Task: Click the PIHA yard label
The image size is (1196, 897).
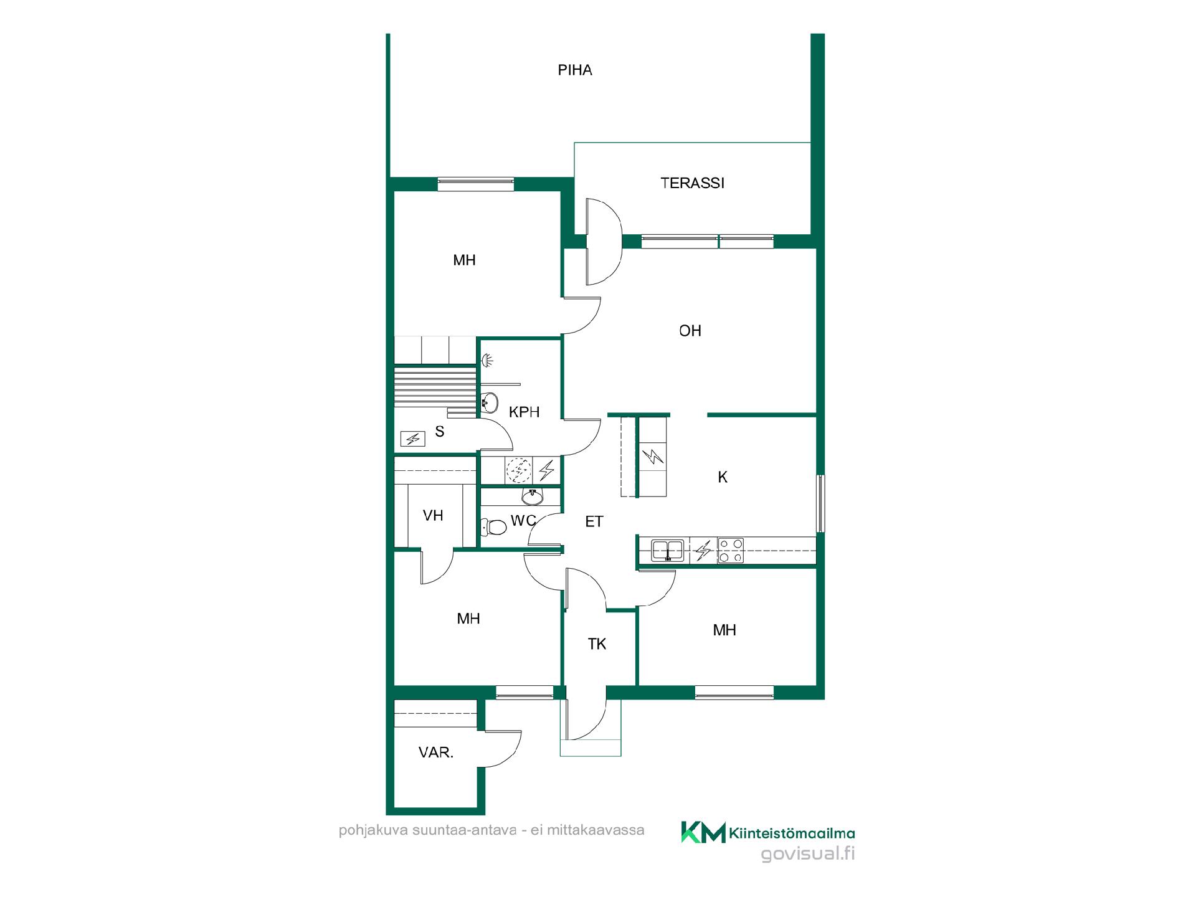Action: pyautogui.click(x=574, y=70)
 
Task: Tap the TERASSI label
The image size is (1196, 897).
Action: pyautogui.click(x=692, y=183)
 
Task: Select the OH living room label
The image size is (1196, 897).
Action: pyautogui.click(x=690, y=331)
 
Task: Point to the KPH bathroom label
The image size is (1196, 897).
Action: pyautogui.click(x=524, y=412)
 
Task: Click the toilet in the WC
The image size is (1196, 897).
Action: pyautogui.click(x=493, y=527)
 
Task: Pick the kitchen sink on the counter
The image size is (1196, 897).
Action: pyautogui.click(x=667, y=551)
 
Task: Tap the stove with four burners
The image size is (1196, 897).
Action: pyautogui.click(x=731, y=551)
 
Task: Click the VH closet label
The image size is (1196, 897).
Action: pyautogui.click(x=433, y=516)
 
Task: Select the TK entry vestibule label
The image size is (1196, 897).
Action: pyautogui.click(x=597, y=644)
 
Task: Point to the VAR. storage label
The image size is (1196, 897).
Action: pyautogui.click(x=436, y=752)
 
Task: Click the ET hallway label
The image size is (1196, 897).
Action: pyautogui.click(x=594, y=522)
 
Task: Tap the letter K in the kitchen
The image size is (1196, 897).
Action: pyautogui.click(x=723, y=477)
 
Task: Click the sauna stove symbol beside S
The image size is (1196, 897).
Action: pyautogui.click(x=412, y=439)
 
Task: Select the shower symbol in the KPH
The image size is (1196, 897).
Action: pyautogui.click(x=488, y=359)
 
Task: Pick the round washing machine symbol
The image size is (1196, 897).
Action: pyautogui.click(x=519, y=471)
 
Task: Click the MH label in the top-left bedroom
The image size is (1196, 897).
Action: pyautogui.click(x=465, y=260)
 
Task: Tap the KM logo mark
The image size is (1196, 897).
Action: pyautogui.click(x=703, y=832)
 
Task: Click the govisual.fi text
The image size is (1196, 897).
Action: pyautogui.click(x=808, y=854)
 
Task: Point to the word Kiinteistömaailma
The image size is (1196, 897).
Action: pyautogui.click(x=792, y=833)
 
